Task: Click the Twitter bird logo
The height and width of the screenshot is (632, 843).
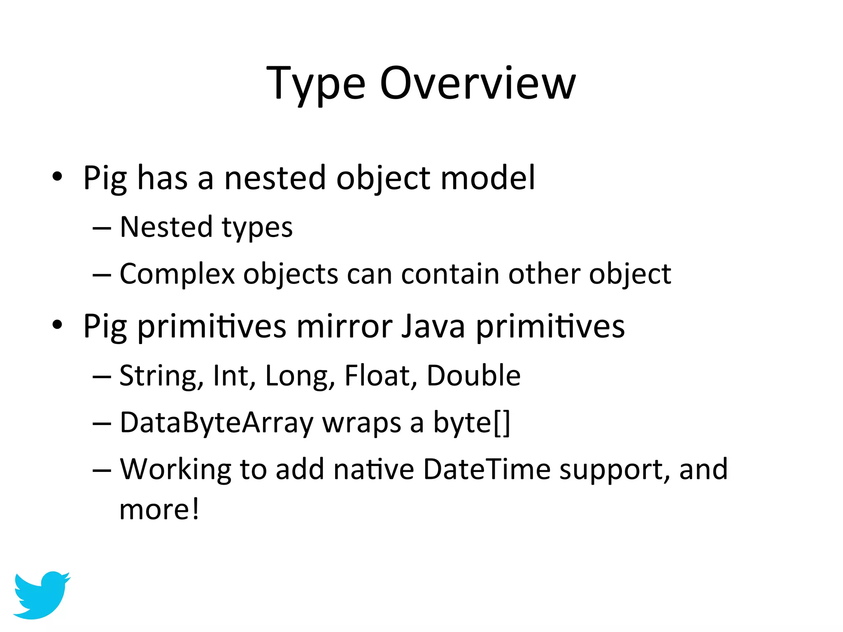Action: coord(41,595)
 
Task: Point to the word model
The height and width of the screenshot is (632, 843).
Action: coord(487,178)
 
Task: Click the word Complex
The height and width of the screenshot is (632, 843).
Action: coord(177,274)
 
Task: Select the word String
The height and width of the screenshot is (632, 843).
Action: coord(161,376)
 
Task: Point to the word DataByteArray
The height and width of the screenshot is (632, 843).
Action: coord(217,423)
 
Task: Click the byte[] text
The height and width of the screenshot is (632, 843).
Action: coord(472,423)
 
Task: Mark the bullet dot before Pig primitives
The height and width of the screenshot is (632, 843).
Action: coord(57,325)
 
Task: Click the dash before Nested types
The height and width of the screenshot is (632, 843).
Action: coord(102,228)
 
